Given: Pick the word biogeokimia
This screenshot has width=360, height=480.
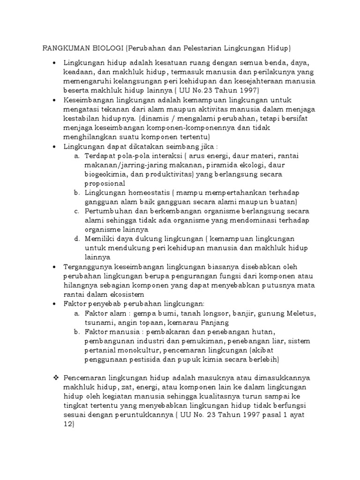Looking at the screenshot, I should [x=105, y=174].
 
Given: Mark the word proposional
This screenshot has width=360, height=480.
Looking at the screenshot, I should [x=105, y=183].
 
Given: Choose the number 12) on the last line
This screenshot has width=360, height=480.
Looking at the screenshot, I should [x=69, y=424].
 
